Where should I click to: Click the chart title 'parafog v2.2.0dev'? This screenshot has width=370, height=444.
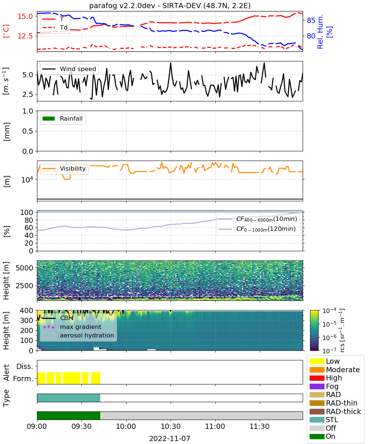[122, 6]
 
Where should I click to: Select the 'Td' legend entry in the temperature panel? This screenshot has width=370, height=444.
[55, 27]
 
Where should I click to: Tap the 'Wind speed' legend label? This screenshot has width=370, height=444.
[78, 69]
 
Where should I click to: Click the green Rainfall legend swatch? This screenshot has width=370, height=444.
[49, 118]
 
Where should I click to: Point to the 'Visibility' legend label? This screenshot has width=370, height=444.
[73, 168]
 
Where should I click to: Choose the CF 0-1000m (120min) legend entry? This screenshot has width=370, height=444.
[257, 229]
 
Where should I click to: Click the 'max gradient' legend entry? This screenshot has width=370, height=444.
[72, 327]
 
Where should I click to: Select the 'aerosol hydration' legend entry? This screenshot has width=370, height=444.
[78, 335]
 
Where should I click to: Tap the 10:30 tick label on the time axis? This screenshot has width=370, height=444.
[171, 426]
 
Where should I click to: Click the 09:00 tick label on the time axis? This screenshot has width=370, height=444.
[37, 426]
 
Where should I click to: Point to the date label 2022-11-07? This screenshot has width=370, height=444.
[170, 438]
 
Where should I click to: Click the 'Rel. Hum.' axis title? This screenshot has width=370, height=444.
[320, 31]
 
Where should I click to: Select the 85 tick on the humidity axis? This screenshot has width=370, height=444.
[311, 20]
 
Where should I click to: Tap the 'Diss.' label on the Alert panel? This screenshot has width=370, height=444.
[25, 366]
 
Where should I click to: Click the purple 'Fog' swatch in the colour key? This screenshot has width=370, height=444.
[317, 386]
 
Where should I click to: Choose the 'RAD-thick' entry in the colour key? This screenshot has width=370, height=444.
[335, 411]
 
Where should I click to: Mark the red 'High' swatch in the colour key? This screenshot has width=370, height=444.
[317, 378]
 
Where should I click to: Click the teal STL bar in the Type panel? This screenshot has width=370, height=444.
[69, 398]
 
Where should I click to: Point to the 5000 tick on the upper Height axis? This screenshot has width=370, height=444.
[24, 268]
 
